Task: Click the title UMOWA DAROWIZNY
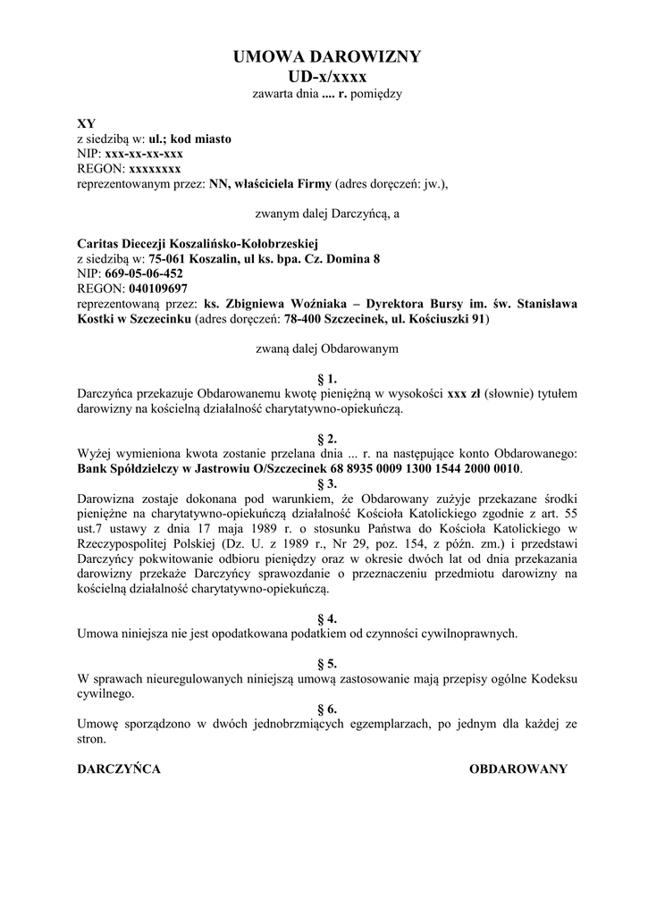(x=326, y=57)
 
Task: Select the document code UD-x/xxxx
(x=326, y=76)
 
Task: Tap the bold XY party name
(x=86, y=123)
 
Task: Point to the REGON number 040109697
(x=158, y=289)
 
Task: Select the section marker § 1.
(x=326, y=378)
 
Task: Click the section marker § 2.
(x=326, y=439)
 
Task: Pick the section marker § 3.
(x=326, y=483)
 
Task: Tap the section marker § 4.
(x=326, y=618)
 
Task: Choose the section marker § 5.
(x=326, y=664)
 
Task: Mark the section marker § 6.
(x=326, y=709)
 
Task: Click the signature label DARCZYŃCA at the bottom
(x=119, y=769)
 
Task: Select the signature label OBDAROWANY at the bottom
(x=518, y=769)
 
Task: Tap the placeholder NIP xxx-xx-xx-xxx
(x=144, y=154)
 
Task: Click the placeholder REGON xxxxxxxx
(x=156, y=169)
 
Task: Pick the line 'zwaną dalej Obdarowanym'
(x=326, y=348)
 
